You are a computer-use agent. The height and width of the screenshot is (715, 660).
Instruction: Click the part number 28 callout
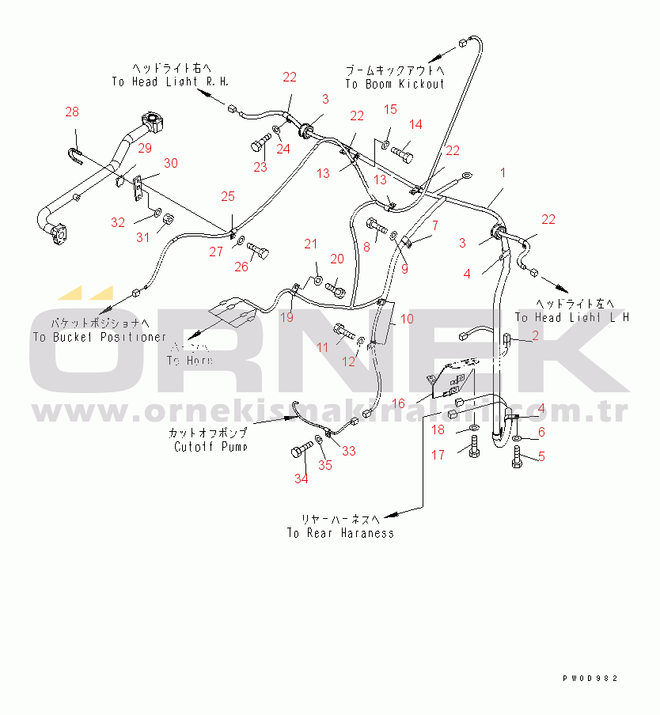(72, 113)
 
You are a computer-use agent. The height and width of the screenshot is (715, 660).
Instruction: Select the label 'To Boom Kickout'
(395, 84)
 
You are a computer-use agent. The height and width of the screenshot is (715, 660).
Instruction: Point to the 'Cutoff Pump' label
(211, 447)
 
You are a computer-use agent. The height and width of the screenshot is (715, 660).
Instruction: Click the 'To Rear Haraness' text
(340, 533)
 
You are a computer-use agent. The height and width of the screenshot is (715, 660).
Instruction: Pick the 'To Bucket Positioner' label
(100, 337)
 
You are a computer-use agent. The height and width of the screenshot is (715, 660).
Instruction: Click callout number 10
(406, 320)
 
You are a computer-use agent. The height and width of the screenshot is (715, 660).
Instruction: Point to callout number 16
(399, 403)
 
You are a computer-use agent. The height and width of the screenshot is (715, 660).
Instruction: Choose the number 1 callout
(502, 172)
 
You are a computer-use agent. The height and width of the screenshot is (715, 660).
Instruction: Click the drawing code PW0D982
(590, 679)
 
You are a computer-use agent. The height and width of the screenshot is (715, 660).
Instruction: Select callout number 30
(171, 164)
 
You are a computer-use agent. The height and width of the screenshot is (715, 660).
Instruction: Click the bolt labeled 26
(260, 254)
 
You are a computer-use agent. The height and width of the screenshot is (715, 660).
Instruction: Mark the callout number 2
(535, 336)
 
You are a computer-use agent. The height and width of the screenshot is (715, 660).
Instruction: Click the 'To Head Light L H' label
(571, 317)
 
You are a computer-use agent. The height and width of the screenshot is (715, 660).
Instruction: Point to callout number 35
(325, 465)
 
